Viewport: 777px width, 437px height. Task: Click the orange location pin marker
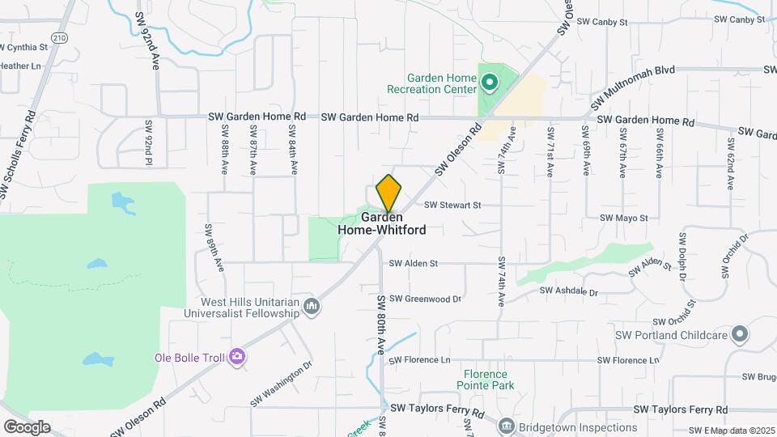(388, 193)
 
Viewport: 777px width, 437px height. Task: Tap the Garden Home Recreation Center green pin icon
(489, 83)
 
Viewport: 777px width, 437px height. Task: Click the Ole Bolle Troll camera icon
(237, 357)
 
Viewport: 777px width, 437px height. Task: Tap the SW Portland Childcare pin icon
(738, 334)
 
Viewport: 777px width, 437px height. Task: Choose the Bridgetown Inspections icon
(506, 425)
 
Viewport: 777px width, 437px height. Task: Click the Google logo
(27, 427)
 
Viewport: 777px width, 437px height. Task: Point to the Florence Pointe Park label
(486, 380)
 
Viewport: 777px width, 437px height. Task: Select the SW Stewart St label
(452, 206)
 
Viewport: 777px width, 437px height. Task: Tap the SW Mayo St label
(624, 218)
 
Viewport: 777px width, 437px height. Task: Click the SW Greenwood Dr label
(425, 299)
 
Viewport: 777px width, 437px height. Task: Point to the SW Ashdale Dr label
(568, 291)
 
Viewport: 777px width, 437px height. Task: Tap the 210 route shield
(59, 37)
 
